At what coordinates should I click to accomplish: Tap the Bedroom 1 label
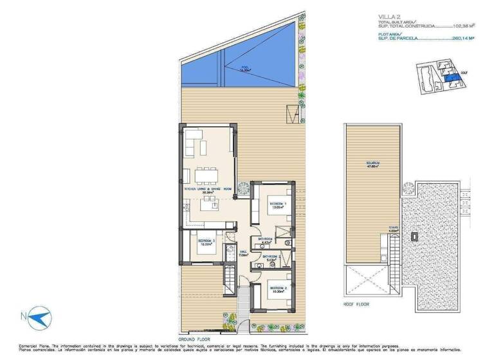click(x=277, y=206)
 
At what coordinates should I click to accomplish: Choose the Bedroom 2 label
click(x=278, y=289)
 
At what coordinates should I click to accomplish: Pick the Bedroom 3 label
click(x=206, y=242)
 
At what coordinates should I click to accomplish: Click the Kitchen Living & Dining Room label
click(x=208, y=190)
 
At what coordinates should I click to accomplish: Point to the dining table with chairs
click(x=206, y=175)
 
